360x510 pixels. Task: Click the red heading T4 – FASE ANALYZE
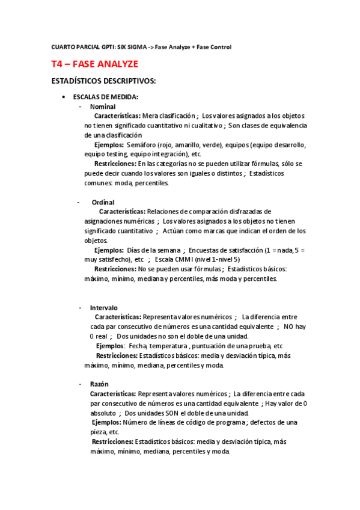(94, 64)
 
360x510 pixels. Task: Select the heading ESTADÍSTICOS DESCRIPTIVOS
(105, 81)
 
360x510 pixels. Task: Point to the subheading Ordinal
(103, 203)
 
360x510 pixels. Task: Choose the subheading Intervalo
(104, 308)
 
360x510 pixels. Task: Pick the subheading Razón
(99, 384)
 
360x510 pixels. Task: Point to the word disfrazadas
(247, 212)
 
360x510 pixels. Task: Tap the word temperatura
(168, 346)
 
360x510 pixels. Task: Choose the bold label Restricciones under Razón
(112, 441)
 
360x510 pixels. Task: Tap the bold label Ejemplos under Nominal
(109, 145)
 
